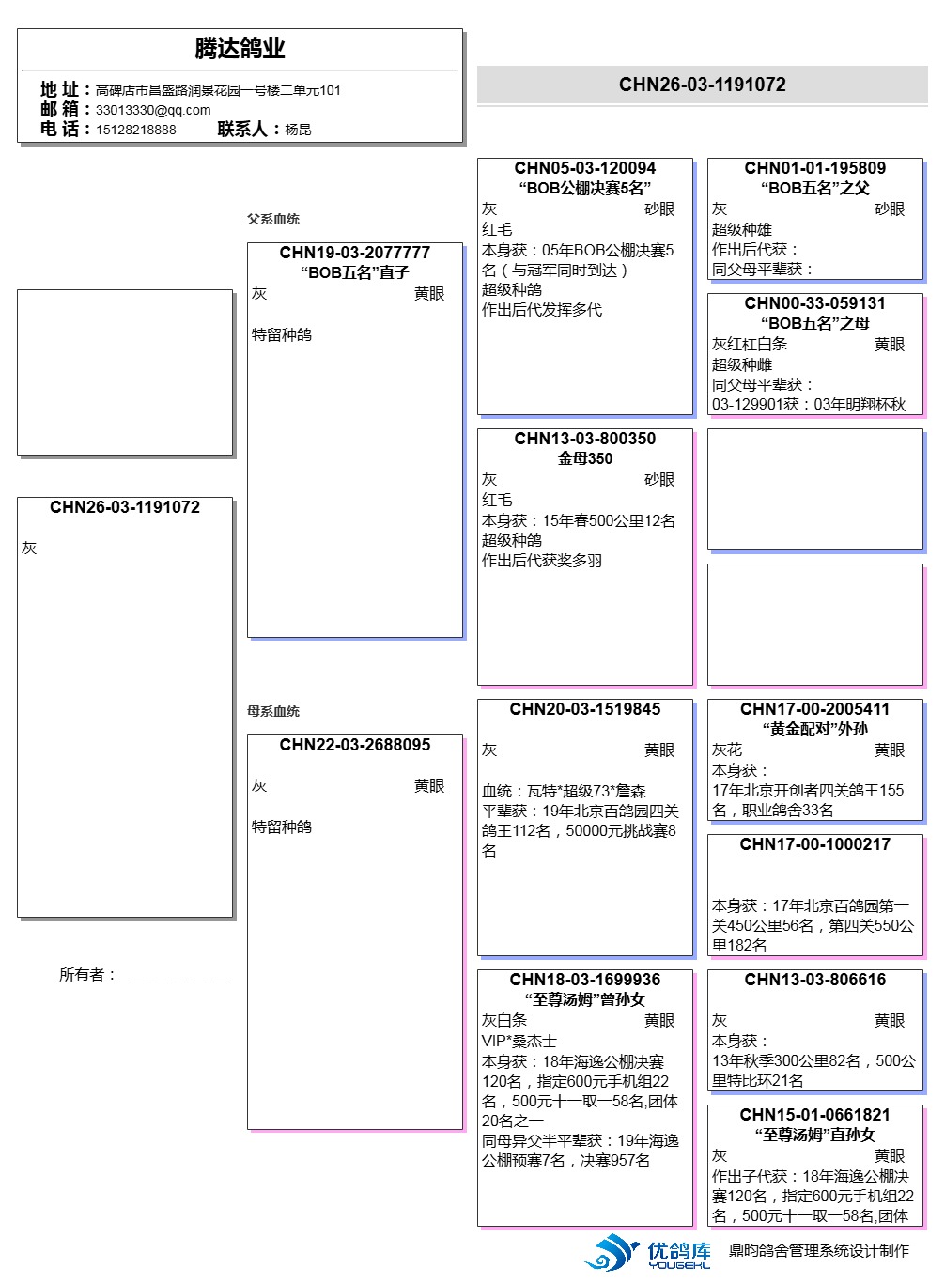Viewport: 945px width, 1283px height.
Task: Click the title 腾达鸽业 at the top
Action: [240, 48]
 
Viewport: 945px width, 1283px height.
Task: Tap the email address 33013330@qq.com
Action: [153, 110]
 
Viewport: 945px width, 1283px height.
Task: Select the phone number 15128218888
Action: [135, 130]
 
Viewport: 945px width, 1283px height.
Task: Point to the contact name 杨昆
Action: [298, 130]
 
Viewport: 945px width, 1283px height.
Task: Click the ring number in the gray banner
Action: [702, 85]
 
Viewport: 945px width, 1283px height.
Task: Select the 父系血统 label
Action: [273, 219]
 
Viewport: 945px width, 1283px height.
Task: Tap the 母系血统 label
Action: [273, 711]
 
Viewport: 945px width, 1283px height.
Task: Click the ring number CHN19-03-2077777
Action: [354, 253]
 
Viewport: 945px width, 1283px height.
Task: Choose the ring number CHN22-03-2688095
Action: [354, 745]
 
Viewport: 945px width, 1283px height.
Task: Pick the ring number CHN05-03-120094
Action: [584, 168]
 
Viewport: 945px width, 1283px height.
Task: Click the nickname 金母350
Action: [584, 458]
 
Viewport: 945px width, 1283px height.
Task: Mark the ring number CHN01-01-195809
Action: [814, 168]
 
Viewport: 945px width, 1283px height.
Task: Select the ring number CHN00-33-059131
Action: [814, 303]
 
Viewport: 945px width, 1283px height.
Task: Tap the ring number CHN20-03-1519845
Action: [584, 709]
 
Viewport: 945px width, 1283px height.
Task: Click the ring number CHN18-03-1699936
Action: [584, 980]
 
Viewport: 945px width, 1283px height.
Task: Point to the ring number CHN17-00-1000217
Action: [814, 844]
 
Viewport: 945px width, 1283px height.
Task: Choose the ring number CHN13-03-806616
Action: [814, 980]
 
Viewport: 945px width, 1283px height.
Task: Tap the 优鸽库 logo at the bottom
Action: [648, 1253]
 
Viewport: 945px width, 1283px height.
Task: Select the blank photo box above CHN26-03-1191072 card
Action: [125, 372]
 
